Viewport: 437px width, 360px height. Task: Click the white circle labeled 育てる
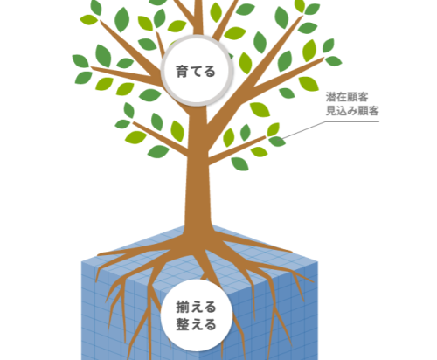(x=197, y=70)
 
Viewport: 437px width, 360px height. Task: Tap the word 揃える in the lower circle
(x=196, y=307)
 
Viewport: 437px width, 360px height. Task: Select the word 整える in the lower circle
(x=196, y=324)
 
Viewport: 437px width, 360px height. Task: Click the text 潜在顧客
(x=347, y=97)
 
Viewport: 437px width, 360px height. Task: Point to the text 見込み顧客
(x=352, y=111)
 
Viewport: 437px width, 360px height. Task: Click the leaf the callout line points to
(x=277, y=142)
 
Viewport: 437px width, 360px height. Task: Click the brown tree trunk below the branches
(x=198, y=186)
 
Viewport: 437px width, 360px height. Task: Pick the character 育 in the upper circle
(x=182, y=72)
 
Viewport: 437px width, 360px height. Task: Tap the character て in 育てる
(x=196, y=72)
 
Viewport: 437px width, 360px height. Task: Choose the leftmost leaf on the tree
(x=80, y=61)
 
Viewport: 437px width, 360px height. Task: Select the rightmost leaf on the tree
(x=333, y=61)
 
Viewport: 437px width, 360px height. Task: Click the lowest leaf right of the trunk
(x=239, y=164)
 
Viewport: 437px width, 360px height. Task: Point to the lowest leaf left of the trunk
(x=158, y=151)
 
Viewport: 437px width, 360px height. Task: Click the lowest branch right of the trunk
(x=237, y=150)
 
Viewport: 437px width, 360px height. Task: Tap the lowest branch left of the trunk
(x=160, y=139)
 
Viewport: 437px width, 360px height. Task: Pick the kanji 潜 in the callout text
(x=331, y=97)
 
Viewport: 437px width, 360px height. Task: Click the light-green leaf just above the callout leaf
(x=274, y=129)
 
